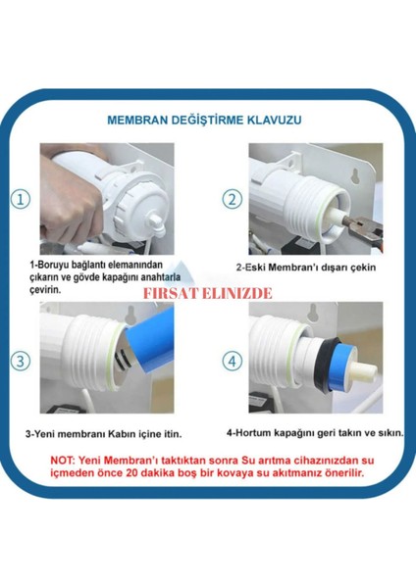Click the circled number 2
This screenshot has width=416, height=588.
click(233, 199)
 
